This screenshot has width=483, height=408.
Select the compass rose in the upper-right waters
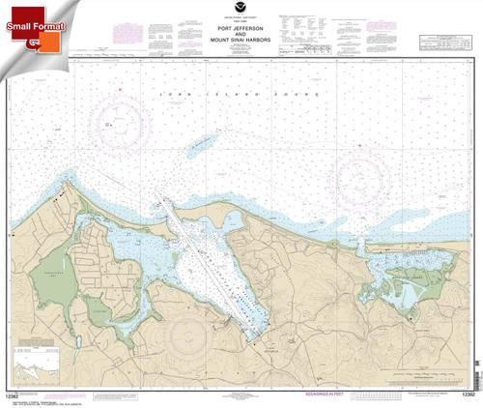(364, 174)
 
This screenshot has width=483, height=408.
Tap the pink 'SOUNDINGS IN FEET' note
(291, 393)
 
